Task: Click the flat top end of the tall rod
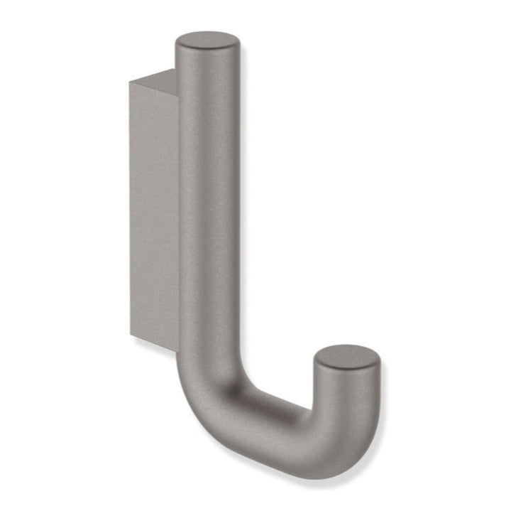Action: (x=207, y=41)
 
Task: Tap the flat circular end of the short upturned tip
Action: (x=346, y=357)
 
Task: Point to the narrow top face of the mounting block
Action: (x=157, y=77)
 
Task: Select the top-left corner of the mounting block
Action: (x=131, y=82)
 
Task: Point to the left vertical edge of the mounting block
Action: (x=131, y=213)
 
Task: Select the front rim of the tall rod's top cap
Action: (x=207, y=51)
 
